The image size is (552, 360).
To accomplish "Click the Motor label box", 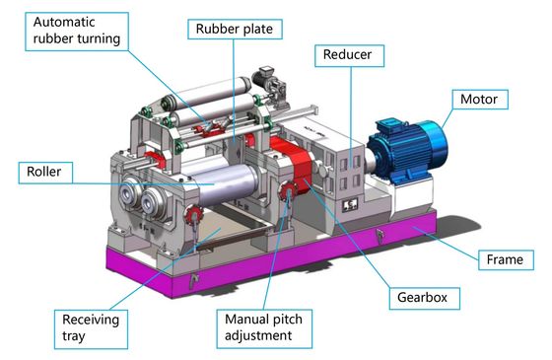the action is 480,100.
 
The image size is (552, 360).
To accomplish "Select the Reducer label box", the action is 349,55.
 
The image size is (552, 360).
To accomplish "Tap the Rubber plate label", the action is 235,29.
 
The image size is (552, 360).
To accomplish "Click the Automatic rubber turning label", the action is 77,32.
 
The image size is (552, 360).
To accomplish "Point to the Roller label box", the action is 45,173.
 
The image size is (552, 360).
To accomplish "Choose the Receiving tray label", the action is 91,329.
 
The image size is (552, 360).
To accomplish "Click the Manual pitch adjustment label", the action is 264,328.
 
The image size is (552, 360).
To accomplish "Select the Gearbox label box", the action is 424,298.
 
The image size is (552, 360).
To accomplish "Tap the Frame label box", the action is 506,260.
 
